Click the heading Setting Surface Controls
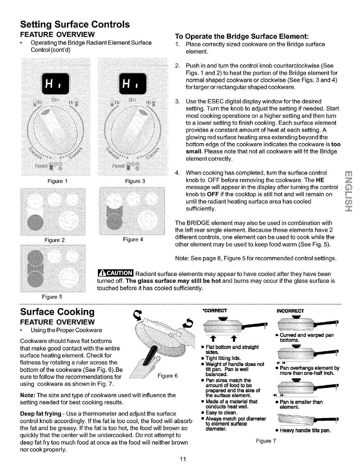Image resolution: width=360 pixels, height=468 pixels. pyautogui.click(x=75, y=24)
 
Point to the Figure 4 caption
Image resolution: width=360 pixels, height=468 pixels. pyautogui.click(x=133, y=239)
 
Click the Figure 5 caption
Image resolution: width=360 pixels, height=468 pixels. pyautogui.click(x=52, y=297)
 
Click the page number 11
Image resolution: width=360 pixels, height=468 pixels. pyautogui.click(x=183, y=459)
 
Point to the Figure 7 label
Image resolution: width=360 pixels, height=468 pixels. pyautogui.click(x=266, y=441)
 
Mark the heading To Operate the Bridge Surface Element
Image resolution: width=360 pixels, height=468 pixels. pyautogui.click(x=242, y=37)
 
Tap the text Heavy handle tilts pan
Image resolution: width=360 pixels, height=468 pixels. pyautogui.click(x=305, y=431)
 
